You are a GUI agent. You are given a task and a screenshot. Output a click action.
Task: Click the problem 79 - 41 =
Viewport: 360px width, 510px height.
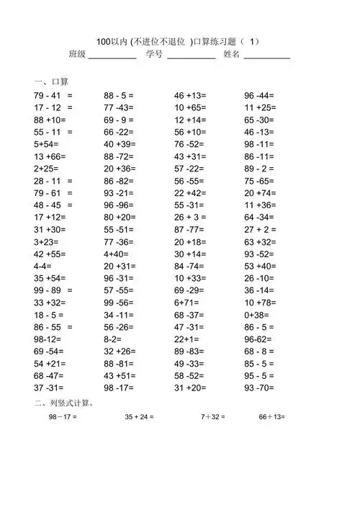(53, 95)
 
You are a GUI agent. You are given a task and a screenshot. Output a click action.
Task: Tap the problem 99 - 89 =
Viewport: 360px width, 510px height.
(53, 290)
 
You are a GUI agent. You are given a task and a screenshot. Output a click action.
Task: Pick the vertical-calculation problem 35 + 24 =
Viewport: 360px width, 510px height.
(139, 417)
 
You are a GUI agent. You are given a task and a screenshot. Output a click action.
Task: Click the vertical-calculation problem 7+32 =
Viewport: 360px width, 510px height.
(213, 417)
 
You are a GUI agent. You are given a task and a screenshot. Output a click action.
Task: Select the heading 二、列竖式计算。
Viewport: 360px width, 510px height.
(65, 403)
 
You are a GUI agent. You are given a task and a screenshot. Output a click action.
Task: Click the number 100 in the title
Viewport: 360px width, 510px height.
(104, 40)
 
